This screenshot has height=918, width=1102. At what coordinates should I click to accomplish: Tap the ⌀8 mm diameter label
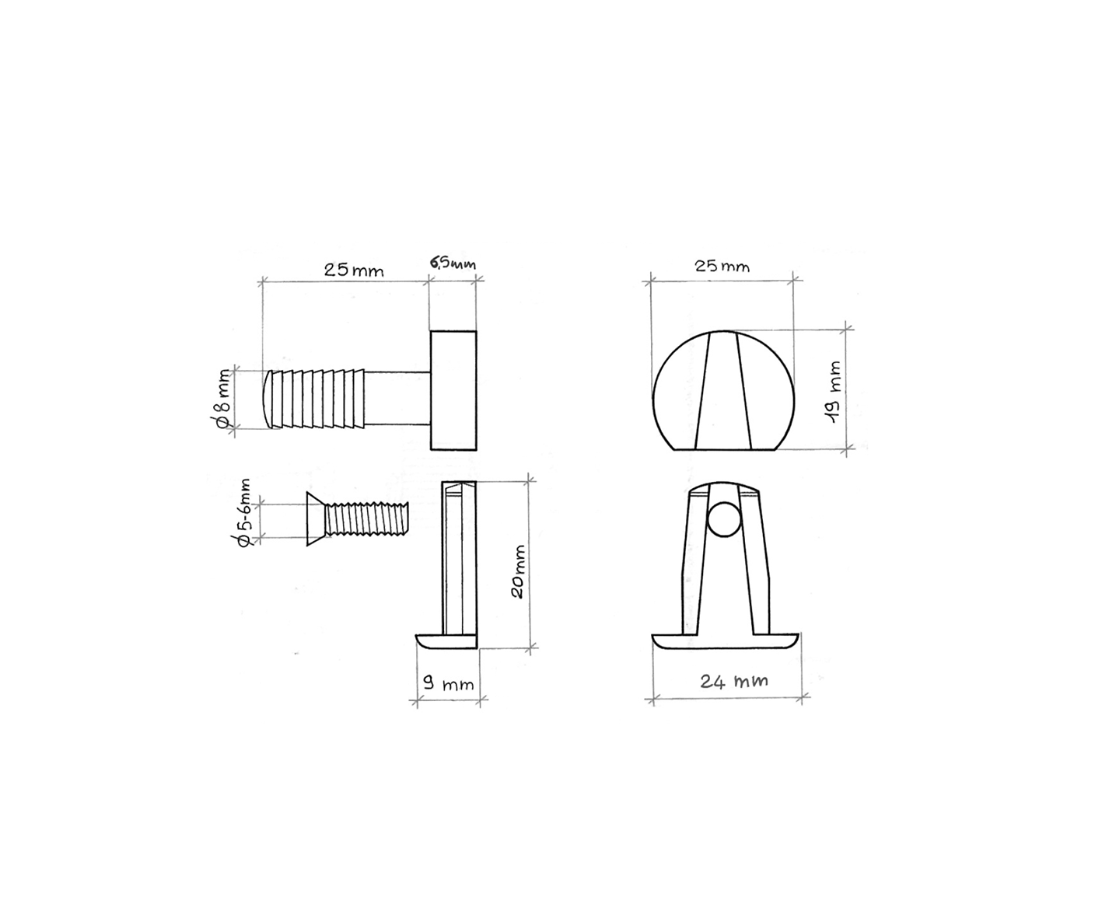point(223,399)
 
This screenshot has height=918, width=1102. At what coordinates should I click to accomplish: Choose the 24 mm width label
point(733,681)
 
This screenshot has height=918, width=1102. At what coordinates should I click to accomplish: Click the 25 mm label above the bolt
point(354,271)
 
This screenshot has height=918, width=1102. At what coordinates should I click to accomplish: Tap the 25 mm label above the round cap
point(722,266)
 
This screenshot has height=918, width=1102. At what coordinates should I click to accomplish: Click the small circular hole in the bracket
point(724,519)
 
